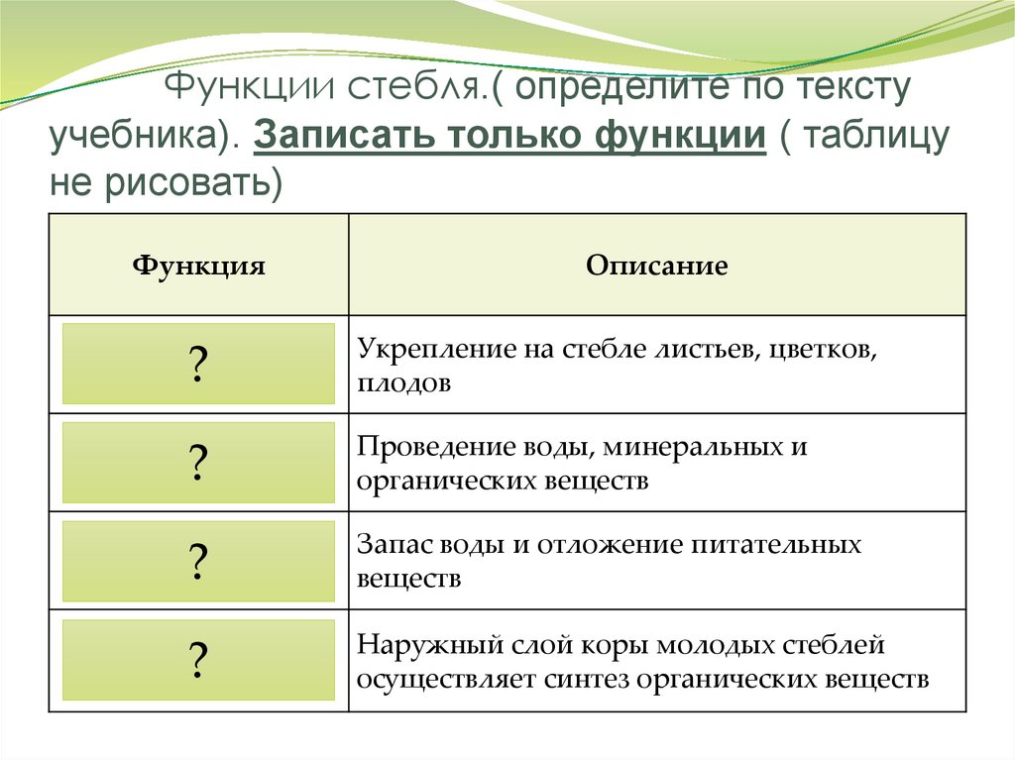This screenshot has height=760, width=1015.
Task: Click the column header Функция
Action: tap(198, 266)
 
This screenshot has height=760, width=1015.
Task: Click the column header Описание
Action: tap(656, 266)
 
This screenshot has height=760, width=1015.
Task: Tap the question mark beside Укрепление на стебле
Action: tap(198, 365)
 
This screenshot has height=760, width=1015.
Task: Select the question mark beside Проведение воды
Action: tap(198, 463)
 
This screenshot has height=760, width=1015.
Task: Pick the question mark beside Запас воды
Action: tap(198, 562)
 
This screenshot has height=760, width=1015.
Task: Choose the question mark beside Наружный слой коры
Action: tap(198, 660)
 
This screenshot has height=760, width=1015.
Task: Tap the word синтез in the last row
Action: tap(586, 680)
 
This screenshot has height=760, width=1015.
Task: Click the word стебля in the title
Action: tap(415, 90)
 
